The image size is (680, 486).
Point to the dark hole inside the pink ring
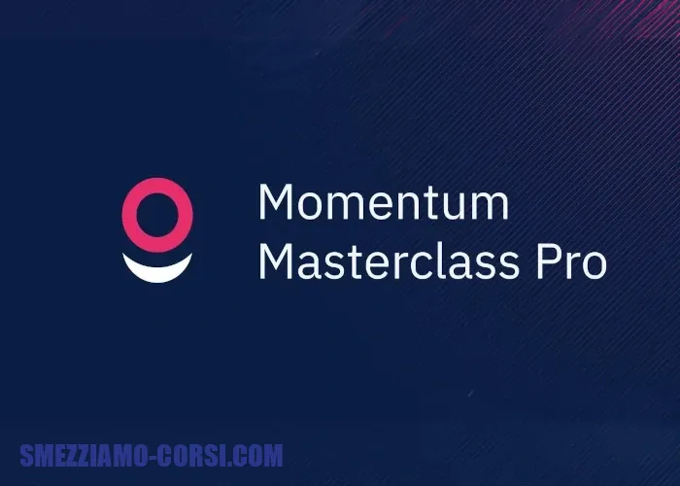[x=157, y=215]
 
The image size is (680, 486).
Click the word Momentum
[x=384, y=201]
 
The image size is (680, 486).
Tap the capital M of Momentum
[x=276, y=202]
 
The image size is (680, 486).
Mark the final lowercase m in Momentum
[x=491, y=206]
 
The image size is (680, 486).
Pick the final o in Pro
[x=594, y=265]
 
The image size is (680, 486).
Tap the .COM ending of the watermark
[x=255, y=456]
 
